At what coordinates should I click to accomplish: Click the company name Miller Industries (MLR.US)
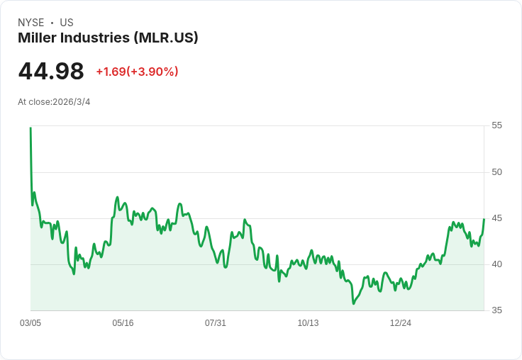pyautogui.click(x=108, y=38)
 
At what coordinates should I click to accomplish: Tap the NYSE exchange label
pyautogui.click(x=30, y=23)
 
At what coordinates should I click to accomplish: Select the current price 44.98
pyautogui.click(x=51, y=71)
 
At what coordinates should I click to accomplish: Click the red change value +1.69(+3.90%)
pyautogui.click(x=137, y=72)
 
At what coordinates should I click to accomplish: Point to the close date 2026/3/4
pyautogui.click(x=72, y=102)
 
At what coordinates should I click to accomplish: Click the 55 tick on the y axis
pyautogui.click(x=496, y=125)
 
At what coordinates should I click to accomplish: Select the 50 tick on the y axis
pyautogui.click(x=496, y=172)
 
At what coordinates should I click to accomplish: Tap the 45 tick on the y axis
pyautogui.click(x=496, y=218)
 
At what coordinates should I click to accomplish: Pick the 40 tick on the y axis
pyautogui.click(x=496, y=264)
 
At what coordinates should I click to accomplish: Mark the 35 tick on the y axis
pyautogui.click(x=496, y=310)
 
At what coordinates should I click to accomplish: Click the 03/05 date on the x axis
pyautogui.click(x=30, y=323)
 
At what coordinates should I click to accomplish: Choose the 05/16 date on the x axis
pyautogui.click(x=123, y=323)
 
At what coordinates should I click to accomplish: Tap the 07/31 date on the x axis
pyautogui.click(x=216, y=323)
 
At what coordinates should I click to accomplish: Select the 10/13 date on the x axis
pyautogui.click(x=308, y=323)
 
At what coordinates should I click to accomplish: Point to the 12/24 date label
pyautogui.click(x=401, y=323)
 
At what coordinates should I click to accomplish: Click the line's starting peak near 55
pyautogui.click(x=30, y=128)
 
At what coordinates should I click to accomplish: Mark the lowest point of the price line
pyautogui.click(x=353, y=304)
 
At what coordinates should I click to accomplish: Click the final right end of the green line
pyautogui.click(x=484, y=219)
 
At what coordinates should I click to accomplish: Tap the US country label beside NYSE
pyautogui.click(x=67, y=23)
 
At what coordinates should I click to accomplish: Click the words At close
pyautogui.click(x=34, y=102)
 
